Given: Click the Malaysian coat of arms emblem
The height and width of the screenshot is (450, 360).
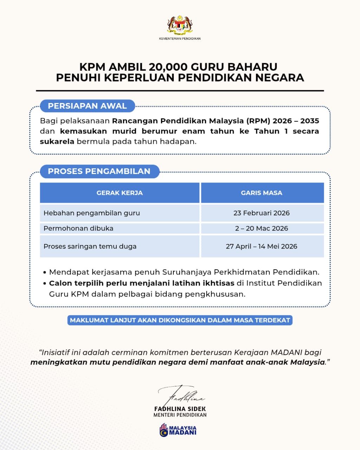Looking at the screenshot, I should pos(180,25).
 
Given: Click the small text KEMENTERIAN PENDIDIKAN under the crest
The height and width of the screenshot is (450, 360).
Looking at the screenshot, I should pos(180,39).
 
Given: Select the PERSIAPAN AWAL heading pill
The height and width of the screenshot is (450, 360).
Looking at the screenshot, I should pos(87,106).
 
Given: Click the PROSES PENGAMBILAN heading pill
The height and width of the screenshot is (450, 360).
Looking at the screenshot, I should pos(99,172).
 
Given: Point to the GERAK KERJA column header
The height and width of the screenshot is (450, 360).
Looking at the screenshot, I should pos(120,193).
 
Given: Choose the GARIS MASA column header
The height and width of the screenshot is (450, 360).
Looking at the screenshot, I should pos(262,193).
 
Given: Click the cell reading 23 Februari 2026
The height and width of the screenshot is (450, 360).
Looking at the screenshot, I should pos(262,213).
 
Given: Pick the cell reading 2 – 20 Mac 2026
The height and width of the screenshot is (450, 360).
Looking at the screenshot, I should pos(262,229).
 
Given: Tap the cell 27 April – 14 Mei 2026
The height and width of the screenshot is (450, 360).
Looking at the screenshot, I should pos(262,246).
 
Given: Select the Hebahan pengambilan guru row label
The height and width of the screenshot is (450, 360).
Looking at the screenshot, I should pos(92,213).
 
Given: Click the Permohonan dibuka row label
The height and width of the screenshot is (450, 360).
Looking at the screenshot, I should pos(78,229).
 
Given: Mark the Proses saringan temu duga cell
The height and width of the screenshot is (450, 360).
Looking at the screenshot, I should pos(90,246).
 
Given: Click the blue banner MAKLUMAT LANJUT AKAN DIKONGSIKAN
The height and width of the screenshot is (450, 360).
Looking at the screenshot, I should pos(180,320).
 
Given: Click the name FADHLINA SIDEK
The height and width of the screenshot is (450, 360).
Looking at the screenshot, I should pos(180,409).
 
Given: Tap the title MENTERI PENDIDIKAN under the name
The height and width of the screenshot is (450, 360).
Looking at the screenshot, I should pos(180,415).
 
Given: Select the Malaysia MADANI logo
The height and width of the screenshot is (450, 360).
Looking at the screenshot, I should pos(178,430).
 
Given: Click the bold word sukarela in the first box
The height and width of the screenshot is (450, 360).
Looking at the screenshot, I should pos(57,142).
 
